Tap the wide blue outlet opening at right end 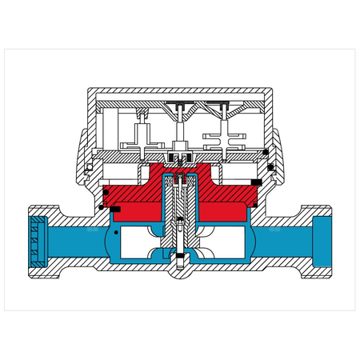[x=323, y=238]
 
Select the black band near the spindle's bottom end [x=180, y=258]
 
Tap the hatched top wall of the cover [x=180, y=90]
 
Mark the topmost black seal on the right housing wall [x=272, y=167]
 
